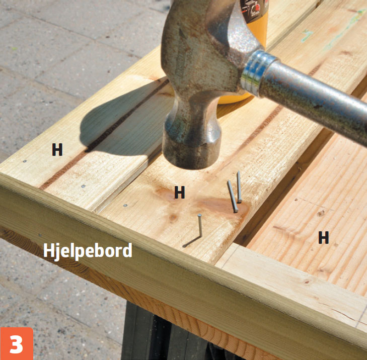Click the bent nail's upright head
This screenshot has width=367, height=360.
point(199,215)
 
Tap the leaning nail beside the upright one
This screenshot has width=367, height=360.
point(233,197)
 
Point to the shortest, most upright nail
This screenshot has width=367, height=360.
point(239,187)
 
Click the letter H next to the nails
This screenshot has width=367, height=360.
point(180,193)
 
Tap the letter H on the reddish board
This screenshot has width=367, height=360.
point(324,237)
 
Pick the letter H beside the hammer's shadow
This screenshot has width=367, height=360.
point(57,150)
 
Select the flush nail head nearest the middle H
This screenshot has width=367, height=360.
point(125,206)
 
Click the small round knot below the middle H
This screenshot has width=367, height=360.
point(173,218)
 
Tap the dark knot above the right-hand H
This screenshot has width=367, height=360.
point(321,213)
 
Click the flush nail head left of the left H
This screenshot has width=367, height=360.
point(24,161)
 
